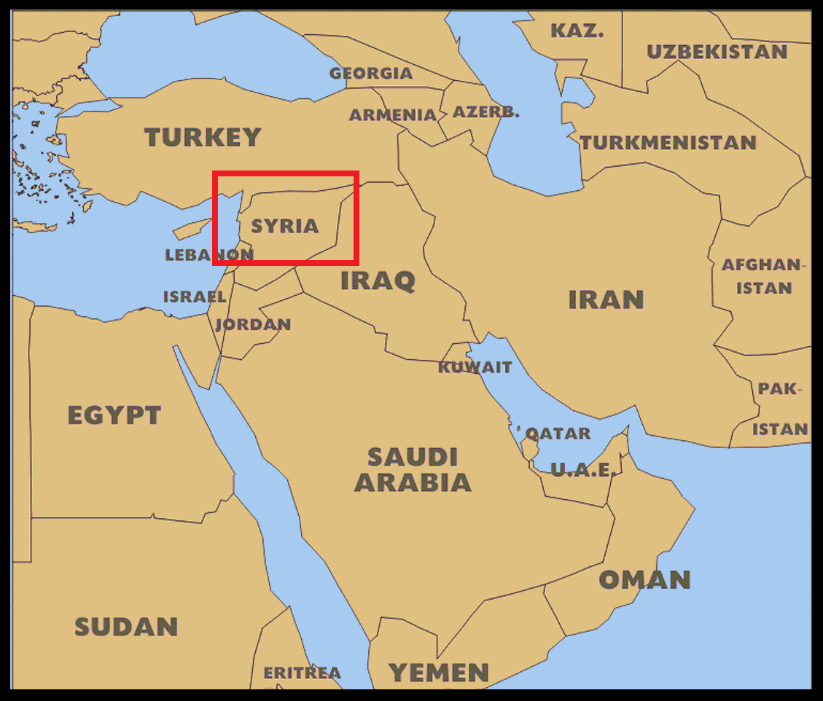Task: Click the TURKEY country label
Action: [203, 137]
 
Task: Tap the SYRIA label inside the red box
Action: [285, 226]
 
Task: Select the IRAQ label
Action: [378, 281]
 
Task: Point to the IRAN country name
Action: [606, 299]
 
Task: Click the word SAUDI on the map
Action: [413, 457]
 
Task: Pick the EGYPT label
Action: [114, 415]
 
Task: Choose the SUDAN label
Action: [126, 627]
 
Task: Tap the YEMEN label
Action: [438, 673]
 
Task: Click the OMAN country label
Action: [644, 580]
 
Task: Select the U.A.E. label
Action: [582, 470]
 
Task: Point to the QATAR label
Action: [558, 434]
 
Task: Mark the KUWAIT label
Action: [475, 367]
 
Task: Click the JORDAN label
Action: [253, 324]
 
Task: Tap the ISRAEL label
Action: [194, 297]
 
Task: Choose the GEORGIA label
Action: [371, 74]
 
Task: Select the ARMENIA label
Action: [393, 115]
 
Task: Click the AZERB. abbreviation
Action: [486, 112]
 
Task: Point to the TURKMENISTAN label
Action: [668, 143]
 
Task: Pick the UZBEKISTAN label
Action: [717, 52]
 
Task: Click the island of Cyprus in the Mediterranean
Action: [191, 229]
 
